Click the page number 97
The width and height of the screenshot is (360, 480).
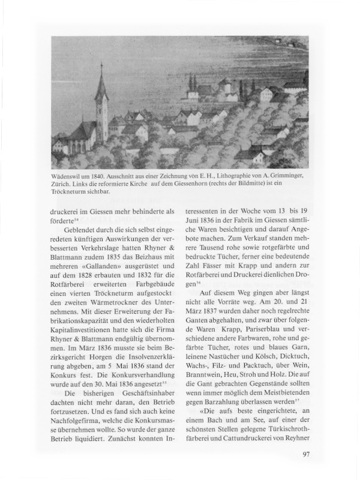coord(306,454)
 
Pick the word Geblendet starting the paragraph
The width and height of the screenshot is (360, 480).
coord(82,230)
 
